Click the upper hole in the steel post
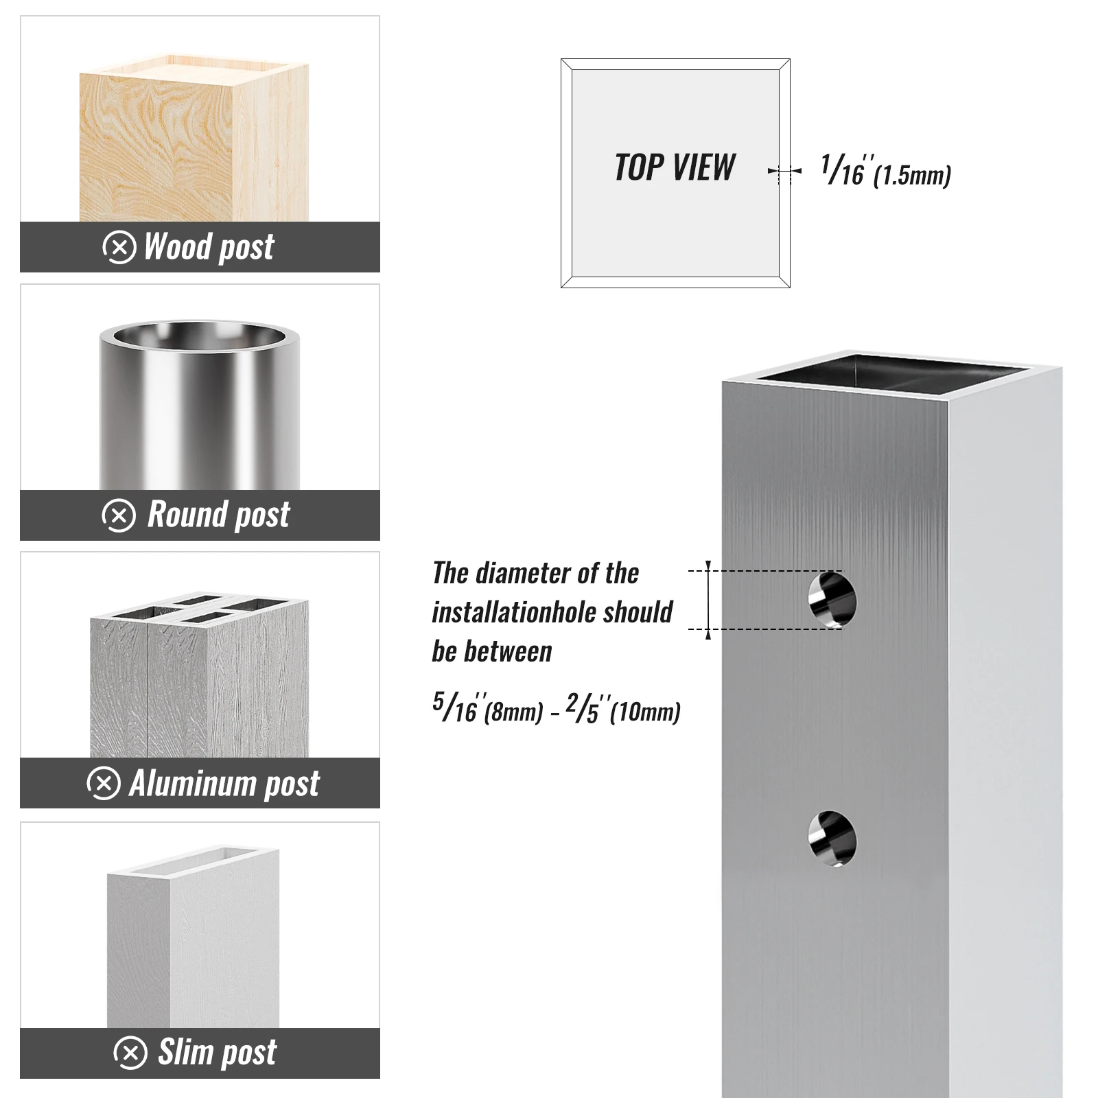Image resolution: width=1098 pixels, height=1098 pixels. coord(832,600)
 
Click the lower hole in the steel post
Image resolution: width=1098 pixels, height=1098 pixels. coord(832,839)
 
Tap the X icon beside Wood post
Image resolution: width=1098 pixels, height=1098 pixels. coord(119,247)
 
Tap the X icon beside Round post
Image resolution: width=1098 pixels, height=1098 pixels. coord(119,515)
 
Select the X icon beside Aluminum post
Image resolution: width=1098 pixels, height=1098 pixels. coord(104,784)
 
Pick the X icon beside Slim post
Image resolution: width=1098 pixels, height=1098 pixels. coord(130,1053)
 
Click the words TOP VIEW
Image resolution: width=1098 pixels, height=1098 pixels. coord(675,168)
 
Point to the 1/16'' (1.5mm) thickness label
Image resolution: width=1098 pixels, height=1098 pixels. coord(885,172)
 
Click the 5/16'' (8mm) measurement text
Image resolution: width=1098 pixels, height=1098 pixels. coord(487,708)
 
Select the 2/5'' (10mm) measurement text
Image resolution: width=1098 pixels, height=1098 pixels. coord(623,708)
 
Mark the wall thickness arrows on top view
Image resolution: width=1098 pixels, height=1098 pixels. coord(784,171)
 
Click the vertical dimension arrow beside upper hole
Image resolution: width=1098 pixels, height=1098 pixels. coord(708,600)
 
